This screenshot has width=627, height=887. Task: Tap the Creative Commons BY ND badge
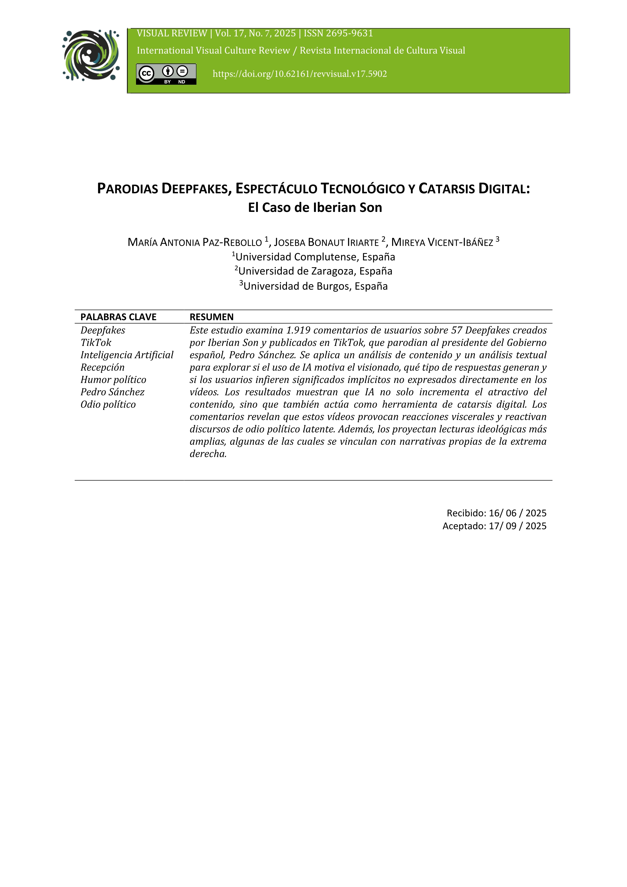(x=166, y=74)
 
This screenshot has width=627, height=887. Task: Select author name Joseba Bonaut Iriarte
(x=326, y=242)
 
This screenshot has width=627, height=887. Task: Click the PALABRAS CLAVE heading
(x=118, y=317)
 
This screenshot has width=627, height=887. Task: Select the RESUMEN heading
(x=211, y=317)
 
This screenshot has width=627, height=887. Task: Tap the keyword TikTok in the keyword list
(x=96, y=343)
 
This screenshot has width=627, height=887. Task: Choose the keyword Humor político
(x=113, y=380)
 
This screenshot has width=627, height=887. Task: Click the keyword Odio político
(x=108, y=405)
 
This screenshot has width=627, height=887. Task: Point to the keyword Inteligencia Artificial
(x=127, y=355)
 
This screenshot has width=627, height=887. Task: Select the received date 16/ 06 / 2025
(x=517, y=513)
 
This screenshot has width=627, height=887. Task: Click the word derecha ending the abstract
(x=208, y=454)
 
